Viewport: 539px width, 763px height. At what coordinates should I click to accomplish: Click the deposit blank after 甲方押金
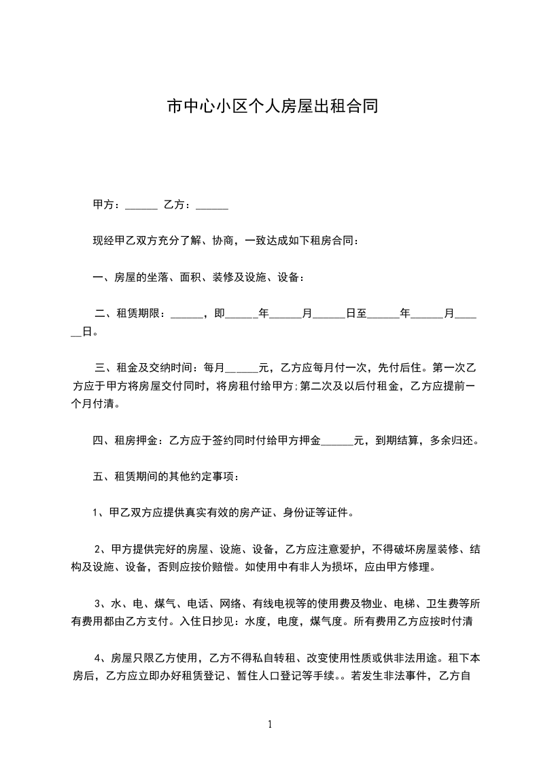(x=337, y=441)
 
